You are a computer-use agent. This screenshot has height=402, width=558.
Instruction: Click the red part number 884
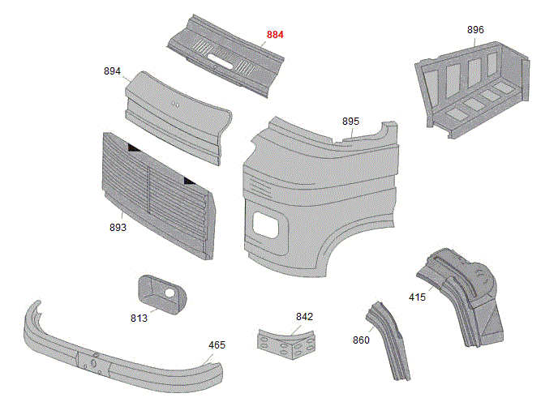coord(276,35)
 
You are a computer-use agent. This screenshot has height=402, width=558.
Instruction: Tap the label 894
coord(112,71)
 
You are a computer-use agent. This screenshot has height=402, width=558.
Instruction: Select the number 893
coord(118,228)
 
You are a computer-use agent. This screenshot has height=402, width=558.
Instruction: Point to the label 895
coord(350,121)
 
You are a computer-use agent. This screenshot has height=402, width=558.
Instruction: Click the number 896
coord(475,30)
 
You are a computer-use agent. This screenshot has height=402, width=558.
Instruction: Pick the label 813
coord(139,318)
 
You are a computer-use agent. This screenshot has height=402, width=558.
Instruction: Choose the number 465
coord(217,344)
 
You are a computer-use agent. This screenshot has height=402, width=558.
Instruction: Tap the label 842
coord(304,316)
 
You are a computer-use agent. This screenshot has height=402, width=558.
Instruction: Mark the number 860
coord(361,340)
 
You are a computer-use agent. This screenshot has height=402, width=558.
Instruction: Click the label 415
coord(417,297)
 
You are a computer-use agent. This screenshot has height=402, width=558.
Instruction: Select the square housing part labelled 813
coord(159,293)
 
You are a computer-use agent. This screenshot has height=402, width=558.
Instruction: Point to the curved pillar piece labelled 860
coord(391,340)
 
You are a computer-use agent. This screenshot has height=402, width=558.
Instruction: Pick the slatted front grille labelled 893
coord(158,195)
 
